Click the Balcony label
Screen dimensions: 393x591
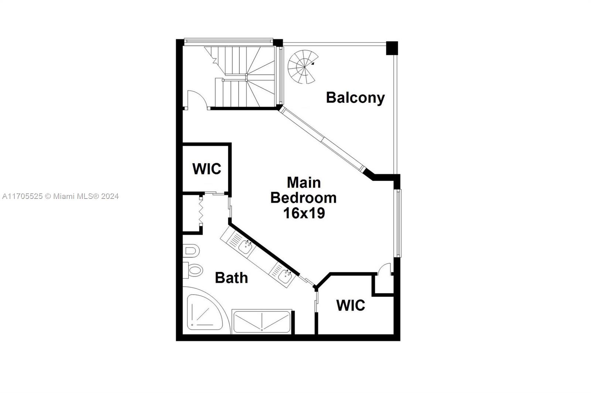pyautogui.click(x=355, y=98)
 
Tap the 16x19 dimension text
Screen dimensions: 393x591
pyautogui.click(x=304, y=213)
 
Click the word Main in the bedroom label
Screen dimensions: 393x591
pyautogui.click(x=304, y=182)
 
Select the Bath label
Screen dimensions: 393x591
pyautogui.click(x=231, y=278)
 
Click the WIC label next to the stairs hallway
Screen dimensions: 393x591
pyautogui.click(x=206, y=169)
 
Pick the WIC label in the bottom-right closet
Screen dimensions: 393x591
pyautogui.click(x=350, y=306)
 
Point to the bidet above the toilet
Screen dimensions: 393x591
pyautogui.click(x=191, y=251)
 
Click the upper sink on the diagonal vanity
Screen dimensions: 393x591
pyautogui.click(x=245, y=246)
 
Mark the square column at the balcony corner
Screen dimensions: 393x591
pyautogui.click(x=392, y=48)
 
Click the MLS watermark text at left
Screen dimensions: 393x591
pyautogui.click(x=60, y=196)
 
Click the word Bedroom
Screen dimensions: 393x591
pyautogui.click(x=304, y=198)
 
